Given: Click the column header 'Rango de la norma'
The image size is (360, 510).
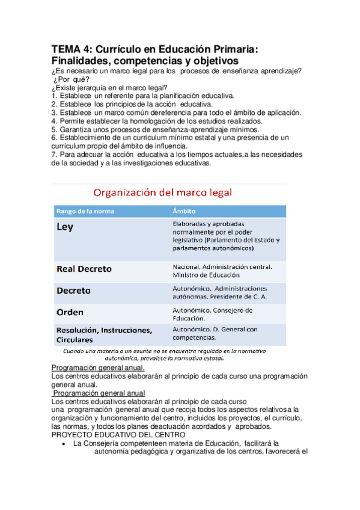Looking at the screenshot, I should [85, 211].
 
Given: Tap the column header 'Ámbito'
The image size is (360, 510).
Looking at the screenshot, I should [184, 211].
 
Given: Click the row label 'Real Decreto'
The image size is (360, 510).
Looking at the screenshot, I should [84, 269].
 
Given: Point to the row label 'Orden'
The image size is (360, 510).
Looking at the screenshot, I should [70, 312].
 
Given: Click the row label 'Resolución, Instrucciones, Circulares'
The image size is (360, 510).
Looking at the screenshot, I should [104, 334].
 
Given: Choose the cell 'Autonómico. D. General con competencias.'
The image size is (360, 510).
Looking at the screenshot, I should [215, 334].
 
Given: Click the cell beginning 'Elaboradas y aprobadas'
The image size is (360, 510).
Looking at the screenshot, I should [226, 235].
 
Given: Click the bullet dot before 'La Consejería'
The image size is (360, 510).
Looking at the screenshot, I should [64, 444].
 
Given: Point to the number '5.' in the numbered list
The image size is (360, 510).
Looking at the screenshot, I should [55, 129].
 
